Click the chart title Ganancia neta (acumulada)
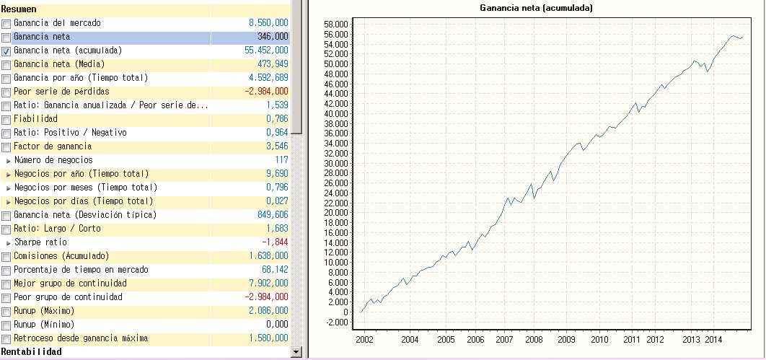pos(536,8)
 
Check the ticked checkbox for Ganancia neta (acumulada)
pos(6,51)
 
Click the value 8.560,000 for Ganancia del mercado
pos(268,23)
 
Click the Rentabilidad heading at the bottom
pos(31,352)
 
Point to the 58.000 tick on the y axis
pos(337,24)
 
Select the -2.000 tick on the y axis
pos(337,322)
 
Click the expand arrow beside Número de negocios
pos(9,160)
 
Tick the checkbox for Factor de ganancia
pos(6,147)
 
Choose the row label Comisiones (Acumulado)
pos(61,256)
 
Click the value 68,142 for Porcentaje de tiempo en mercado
pos(274,270)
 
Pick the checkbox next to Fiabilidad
pos(6,120)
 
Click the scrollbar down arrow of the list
pos(295,351)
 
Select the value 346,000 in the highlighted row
pos(273,37)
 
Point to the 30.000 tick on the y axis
pos(337,163)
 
